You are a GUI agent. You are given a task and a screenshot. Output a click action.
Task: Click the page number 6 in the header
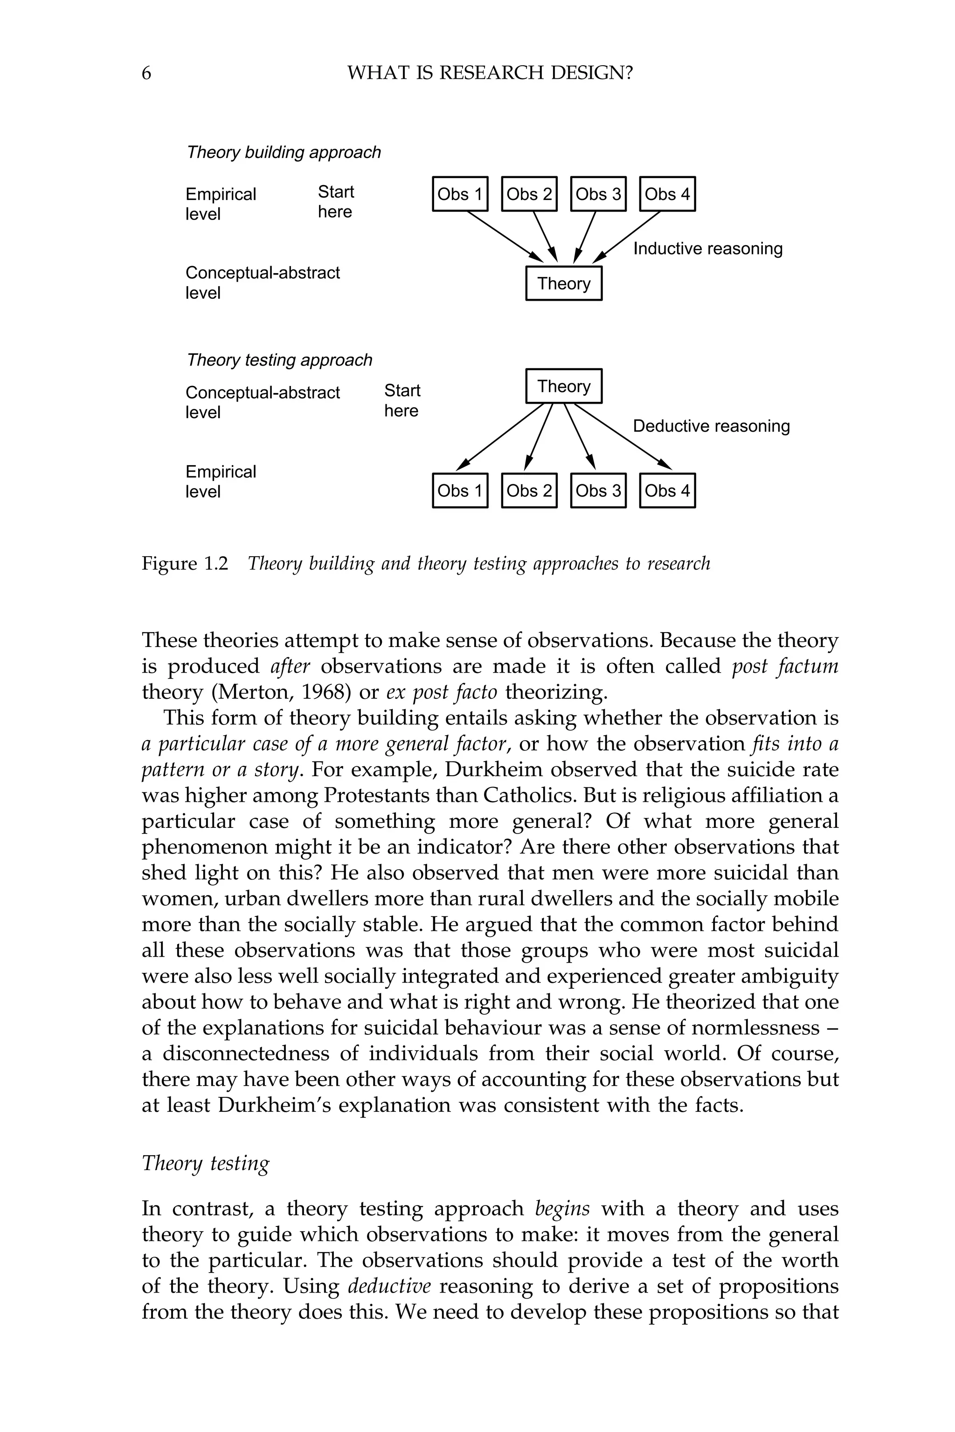(x=146, y=74)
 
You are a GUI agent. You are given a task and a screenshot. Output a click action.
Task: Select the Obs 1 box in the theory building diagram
(x=460, y=194)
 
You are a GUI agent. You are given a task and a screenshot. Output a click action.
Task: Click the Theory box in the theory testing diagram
(x=563, y=386)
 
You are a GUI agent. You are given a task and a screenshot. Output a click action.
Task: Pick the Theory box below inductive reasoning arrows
(x=563, y=284)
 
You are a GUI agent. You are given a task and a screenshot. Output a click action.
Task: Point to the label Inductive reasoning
(x=708, y=249)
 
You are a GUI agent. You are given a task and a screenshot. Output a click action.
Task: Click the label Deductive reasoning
(x=711, y=426)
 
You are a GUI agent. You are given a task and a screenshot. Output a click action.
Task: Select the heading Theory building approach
(x=283, y=152)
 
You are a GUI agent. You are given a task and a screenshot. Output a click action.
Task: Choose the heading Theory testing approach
(x=279, y=360)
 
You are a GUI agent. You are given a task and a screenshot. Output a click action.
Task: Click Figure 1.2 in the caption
(x=185, y=564)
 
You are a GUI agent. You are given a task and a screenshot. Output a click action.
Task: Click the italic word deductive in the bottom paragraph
(x=389, y=1286)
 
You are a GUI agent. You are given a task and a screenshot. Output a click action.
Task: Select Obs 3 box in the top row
(x=598, y=194)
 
